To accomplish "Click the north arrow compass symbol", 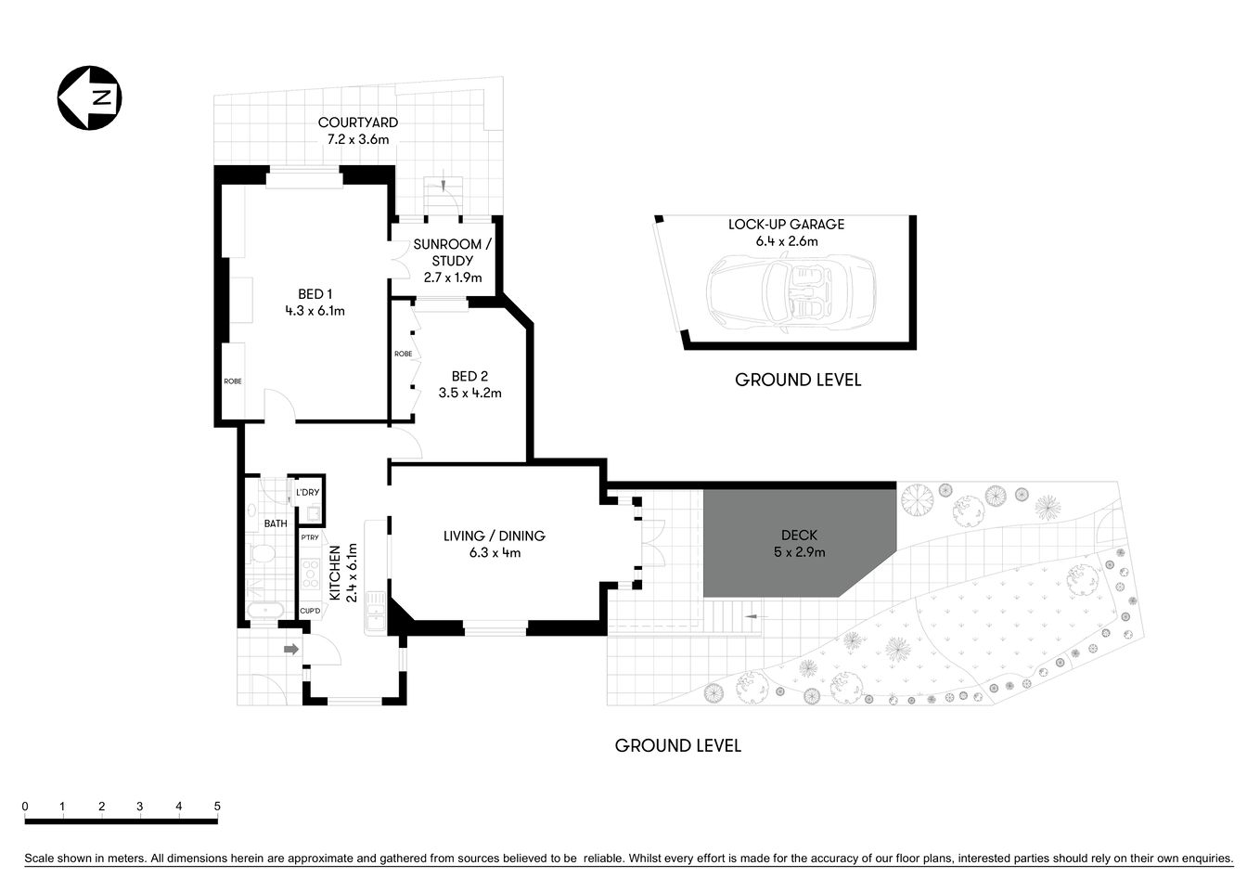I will tap(90, 97).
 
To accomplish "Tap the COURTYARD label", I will tap(358, 123).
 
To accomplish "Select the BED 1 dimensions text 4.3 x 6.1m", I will tap(315, 311).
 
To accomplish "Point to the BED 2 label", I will tap(469, 376).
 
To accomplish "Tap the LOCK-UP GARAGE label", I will tap(786, 224).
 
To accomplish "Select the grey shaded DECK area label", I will tap(799, 536).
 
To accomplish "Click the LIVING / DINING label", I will tap(494, 536).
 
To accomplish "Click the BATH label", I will tap(276, 523).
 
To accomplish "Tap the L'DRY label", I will tap(308, 492).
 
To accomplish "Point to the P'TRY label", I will tap(309, 537).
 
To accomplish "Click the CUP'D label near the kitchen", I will tap(310, 610).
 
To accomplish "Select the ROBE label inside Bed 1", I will tap(232, 381).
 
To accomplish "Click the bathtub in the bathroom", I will tap(266, 612).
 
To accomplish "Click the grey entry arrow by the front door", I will tap(290, 649).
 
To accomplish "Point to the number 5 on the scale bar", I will tap(217, 806).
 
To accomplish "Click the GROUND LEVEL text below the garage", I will tap(798, 380).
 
